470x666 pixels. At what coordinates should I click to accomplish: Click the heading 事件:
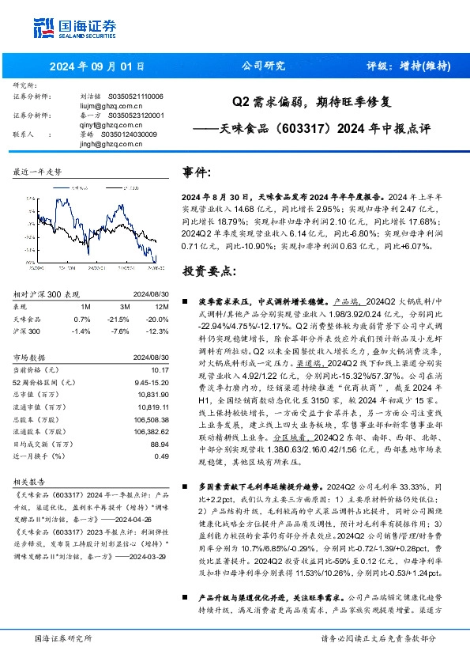(197, 172)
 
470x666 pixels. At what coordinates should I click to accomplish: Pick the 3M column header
(125, 307)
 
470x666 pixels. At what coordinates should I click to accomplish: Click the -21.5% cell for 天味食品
(122, 318)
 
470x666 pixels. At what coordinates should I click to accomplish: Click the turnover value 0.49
(162, 456)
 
